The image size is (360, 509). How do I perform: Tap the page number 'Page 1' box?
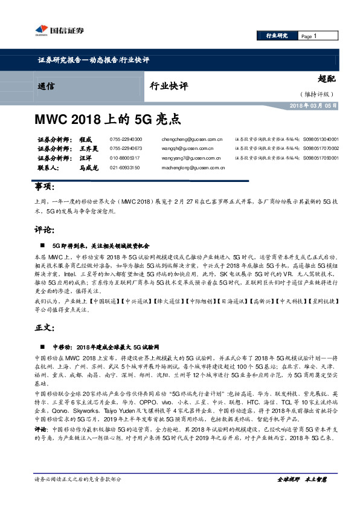click(318, 36)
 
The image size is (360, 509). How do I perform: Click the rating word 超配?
click(326, 79)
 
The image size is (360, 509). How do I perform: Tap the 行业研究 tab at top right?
click(277, 36)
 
